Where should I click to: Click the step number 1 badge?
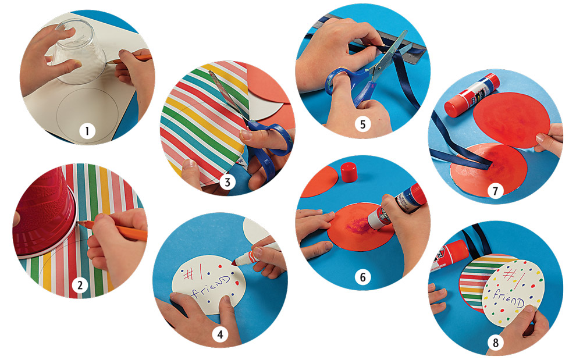point(87,132)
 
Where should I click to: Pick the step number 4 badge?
point(220,334)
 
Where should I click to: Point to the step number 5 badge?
point(362,125)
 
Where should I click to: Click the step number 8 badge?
point(495,343)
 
